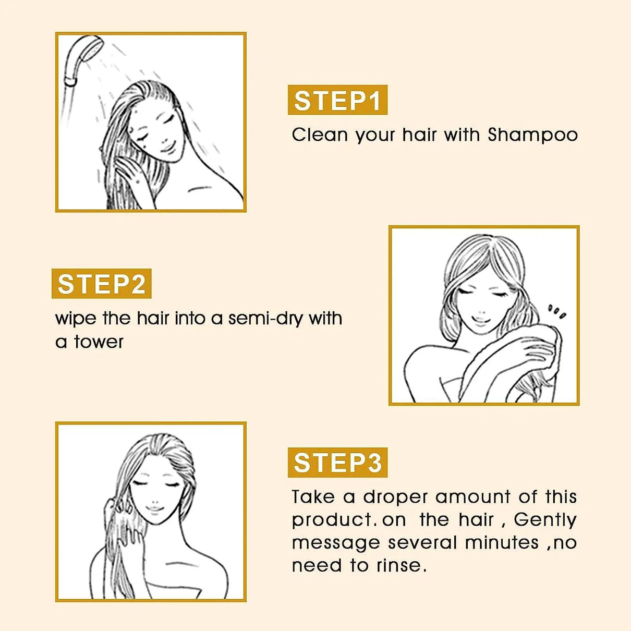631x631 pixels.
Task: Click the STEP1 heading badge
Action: pyautogui.click(x=337, y=100)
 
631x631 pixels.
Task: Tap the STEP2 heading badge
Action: pyautogui.click(x=101, y=284)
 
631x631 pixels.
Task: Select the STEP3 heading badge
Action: pyautogui.click(x=337, y=463)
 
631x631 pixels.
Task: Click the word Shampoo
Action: pyautogui.click(x=532, y=135)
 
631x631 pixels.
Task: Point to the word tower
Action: pyautogui.click(x=99, y=342)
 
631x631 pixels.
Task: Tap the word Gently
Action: pyautogui.click(x=545, y=519)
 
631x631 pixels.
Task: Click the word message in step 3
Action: pyautogui.click(x=336, y=543)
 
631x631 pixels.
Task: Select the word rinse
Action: pyautogui.click(x=401, y=565)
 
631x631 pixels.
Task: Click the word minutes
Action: pyautogui.click(x=502, y=542)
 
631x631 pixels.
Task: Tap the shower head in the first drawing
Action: pyautogui.click(x=83, y=57)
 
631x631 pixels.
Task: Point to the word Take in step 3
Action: pyautogui.click(x=313, y=496)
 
